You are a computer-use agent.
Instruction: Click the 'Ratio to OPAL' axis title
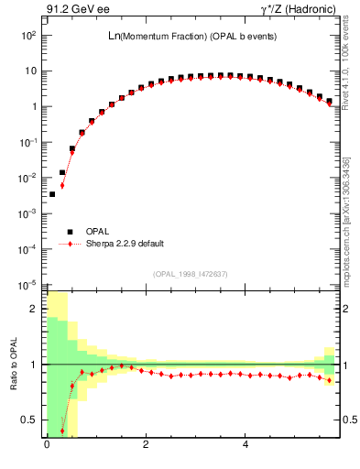[x=13, y=364]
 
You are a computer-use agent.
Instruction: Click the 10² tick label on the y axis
[x=29, y=35]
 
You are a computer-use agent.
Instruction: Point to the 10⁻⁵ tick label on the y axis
[x=29, y=284]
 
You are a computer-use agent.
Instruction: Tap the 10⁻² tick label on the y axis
[x=29, y=178]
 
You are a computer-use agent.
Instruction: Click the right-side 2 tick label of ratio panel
[x=344, y=309]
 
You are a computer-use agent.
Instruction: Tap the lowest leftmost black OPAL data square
[x=52, y=194]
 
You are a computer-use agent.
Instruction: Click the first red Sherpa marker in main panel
[x=62, y=185]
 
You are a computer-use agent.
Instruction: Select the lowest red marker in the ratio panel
[x=62, y=430]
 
